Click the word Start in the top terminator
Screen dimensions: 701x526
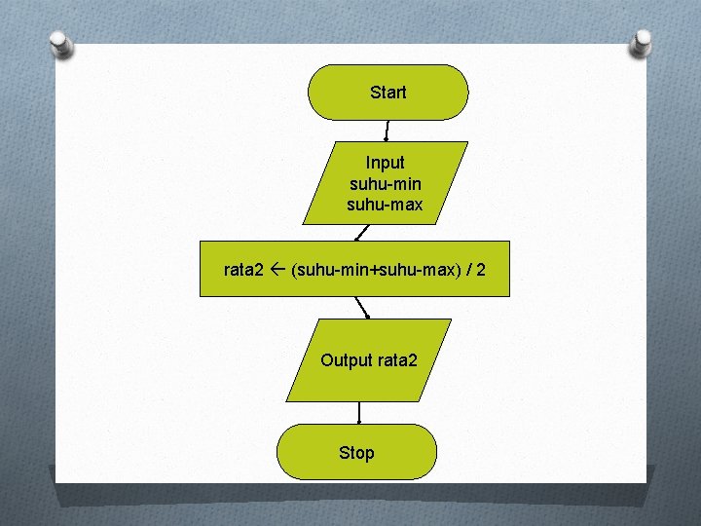click(387, 93)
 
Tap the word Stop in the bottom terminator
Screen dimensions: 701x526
click(356, 452)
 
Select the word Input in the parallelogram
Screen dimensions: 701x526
click(385, 163)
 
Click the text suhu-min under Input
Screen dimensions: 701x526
click(385, 184)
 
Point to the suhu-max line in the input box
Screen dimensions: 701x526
click(385, 205)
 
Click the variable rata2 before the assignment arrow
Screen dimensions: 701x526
click(243, 269)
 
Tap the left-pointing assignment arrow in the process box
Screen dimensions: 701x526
click(277, 269)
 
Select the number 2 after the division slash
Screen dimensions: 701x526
click(481, 269)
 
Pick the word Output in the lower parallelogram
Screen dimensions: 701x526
click(347, 360)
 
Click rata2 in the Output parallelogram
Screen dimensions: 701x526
click(397, 360)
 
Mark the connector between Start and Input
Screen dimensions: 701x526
click(387, 131)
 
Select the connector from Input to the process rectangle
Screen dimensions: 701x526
click(361, 233)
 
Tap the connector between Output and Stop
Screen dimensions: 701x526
click(359, 413)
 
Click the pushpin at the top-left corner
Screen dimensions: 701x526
click(61, 44)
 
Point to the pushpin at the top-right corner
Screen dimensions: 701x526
click(642, 42)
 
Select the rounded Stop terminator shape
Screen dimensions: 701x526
click(302, 452)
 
